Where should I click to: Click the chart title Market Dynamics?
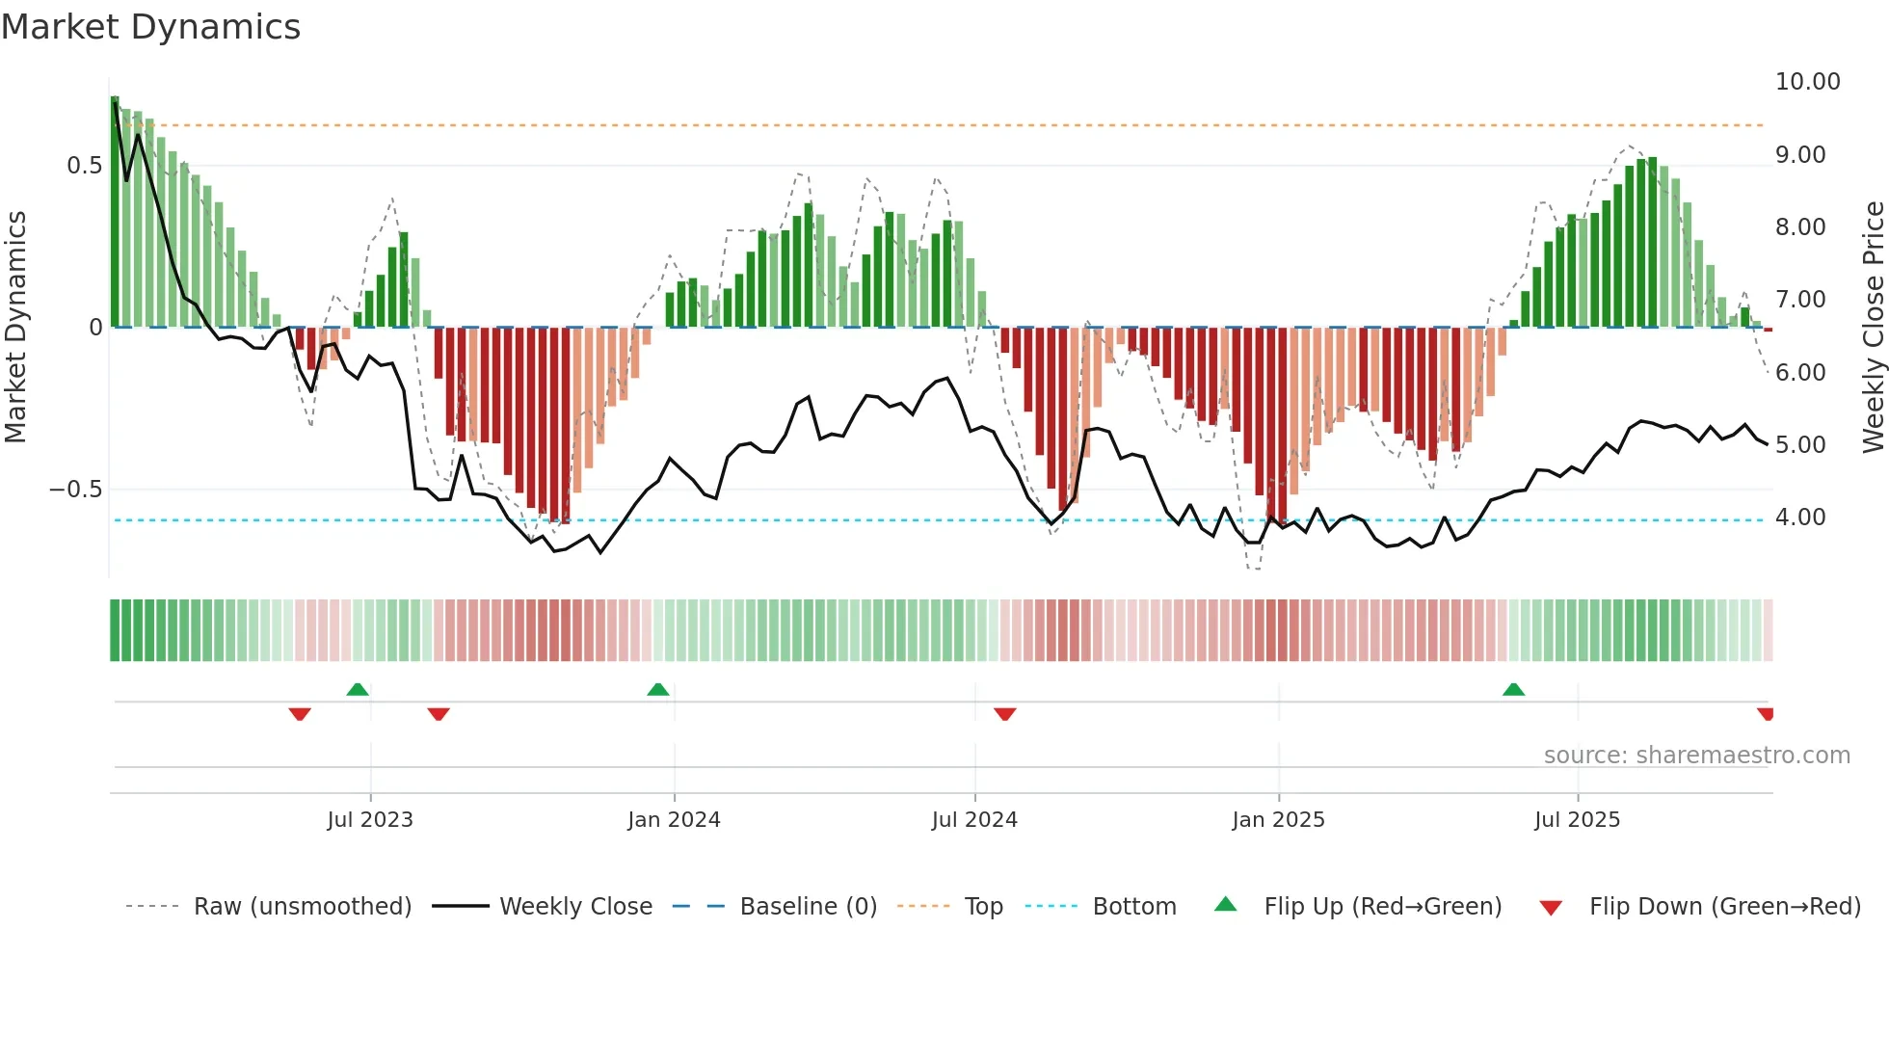tap(150, 27)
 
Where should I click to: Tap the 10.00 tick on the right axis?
tap(1807, 82)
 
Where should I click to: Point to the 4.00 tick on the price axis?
tap(1800, 518)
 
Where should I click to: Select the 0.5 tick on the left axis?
tap(84, 166)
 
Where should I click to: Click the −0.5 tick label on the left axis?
tap(76, 490)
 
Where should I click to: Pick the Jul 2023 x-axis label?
tap(370, 820)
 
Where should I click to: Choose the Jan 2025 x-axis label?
tap(1278, 820)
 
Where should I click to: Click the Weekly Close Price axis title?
tap(1873, 327)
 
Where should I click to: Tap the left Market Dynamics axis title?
tap(15, 327)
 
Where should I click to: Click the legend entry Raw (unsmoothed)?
tap(302, 907)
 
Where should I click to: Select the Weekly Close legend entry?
tap(575, 907)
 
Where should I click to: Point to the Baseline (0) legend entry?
tap(808, 907)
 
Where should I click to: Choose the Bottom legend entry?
tap(1134, 907)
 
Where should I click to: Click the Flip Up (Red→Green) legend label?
tap(1382, 907)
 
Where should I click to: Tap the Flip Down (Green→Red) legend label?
tap(1724, 907)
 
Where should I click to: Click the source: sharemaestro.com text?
tap(1696, 756)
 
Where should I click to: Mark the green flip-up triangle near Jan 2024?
tap(658, 689)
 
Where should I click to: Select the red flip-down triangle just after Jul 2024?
tap(1005, 714)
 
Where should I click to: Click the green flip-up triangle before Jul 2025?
tap(1513, 689)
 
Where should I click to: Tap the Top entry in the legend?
tap(983, 907)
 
